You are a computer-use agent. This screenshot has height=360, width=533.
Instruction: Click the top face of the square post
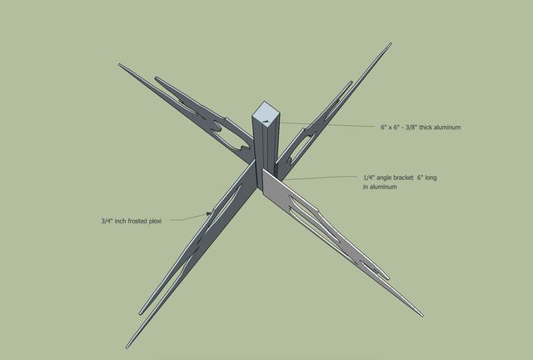point(266,112)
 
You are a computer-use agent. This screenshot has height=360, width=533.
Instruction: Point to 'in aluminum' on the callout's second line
point(380,187)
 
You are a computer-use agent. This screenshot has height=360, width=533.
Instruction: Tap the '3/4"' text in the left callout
point(107,221)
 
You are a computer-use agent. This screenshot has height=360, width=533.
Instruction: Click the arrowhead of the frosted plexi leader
point(209,213)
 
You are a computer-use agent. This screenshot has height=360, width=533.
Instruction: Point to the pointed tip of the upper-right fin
point(391,43)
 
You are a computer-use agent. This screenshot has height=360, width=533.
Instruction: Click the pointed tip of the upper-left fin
point(119,64)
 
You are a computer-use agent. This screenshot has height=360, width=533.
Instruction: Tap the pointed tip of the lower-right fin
point(422,316)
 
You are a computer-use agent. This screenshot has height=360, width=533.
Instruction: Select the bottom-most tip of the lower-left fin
point(127,347)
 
